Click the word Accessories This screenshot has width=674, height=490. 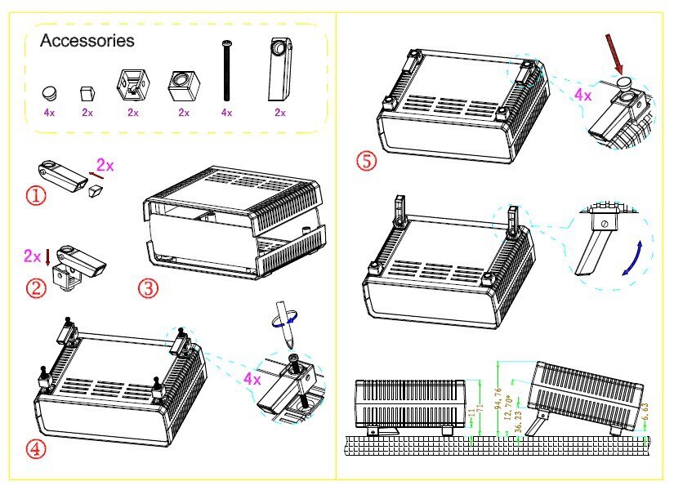tap(87, 40)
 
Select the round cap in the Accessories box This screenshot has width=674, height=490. tap(50, 92)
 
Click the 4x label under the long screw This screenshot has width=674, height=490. tap(226, 113)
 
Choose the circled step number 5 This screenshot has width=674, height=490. tap(367, 161)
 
